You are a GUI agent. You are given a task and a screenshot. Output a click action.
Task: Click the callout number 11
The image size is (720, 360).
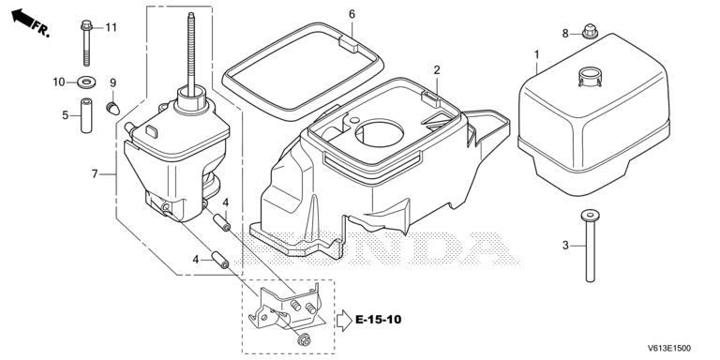pyautogui.click(x=112, y=27)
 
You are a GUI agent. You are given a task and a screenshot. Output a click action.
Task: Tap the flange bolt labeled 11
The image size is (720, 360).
pyautogui.click(x=86, y=43)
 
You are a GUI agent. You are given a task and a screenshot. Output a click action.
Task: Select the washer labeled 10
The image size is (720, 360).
pyautogui.click(x=86, y=82)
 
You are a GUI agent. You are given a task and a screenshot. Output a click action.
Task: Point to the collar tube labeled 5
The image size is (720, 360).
pyautogui.click(x=86, y=115)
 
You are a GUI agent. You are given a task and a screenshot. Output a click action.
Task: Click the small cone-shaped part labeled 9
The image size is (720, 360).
pyautogui.click(x=112, y=109)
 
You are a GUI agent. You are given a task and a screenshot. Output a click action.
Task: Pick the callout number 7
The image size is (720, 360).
pyautogui.click(x=95, y=174)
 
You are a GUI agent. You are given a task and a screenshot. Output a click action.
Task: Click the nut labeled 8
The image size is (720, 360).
pyautogui.click(x=589, y=32)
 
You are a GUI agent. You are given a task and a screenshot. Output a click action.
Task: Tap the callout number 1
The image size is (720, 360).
pyautogui.click(x=537, y=55)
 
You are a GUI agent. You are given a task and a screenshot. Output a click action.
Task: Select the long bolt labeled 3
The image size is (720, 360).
pyautogui.click(x=590, y=246)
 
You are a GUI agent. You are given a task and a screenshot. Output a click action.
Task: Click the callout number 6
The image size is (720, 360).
pyautogui.click(x=352, y=14)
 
